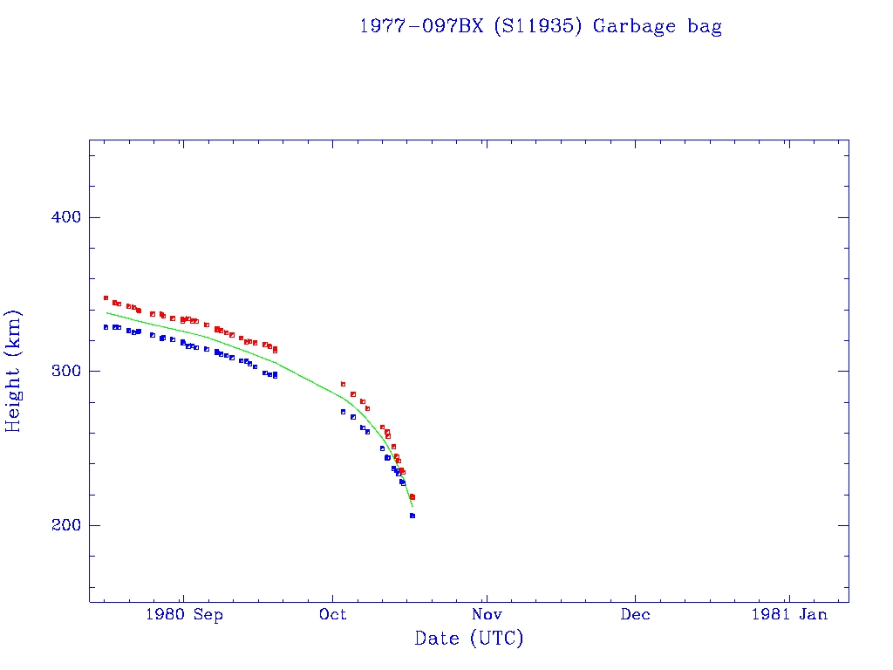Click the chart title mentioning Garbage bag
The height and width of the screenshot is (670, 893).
[x=541, y=26]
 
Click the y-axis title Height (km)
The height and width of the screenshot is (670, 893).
[x=14, y=371]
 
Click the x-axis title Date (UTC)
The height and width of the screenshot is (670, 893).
[x=469, y=639]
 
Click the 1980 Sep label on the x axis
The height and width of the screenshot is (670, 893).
[x=183, y=614]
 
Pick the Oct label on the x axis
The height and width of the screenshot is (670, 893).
[x=332, y=614]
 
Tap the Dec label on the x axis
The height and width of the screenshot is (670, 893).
[x=635, y=614]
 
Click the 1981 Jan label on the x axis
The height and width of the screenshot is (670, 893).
[x=788, y=614]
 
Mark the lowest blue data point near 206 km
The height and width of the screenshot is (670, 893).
[x=412, y=516]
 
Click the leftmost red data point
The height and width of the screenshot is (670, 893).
[x=106, y=297]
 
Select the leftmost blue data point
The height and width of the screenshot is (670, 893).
[x=106, y=327]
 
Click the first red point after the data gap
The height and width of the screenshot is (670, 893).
[x=343, y=384]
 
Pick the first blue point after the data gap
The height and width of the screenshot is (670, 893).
[x=343, y=412]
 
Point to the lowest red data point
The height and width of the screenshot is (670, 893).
[x=412, y=496]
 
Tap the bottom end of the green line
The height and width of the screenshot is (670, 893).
[x=412, y=506]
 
